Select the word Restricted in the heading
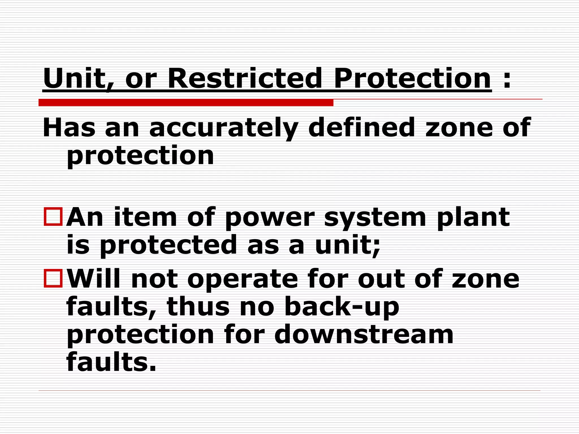(245, 78)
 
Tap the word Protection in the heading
(412, 78)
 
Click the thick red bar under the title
(186, 103)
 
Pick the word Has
(69, 128)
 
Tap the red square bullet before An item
(53, 217)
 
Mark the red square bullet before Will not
(53, 278)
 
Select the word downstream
(364, 335)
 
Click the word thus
(198, 307)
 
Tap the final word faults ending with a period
(111, 362)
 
